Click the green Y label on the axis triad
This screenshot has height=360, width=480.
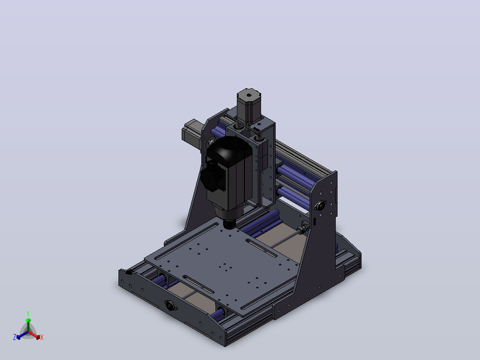click(x=28, y=313)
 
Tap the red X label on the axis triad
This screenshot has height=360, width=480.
click(x=42, y=337)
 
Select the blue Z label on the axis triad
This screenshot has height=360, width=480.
click(x=15, y=337)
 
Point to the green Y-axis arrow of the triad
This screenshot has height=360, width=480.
click(x=28, y=325)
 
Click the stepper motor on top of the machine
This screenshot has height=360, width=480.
click(x=249, y=105)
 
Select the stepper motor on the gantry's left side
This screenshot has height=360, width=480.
click(x=192, y=134)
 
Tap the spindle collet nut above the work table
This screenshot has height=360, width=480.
click(x=229, y=225)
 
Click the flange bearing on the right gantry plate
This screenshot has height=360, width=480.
click(x=320, y=205)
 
